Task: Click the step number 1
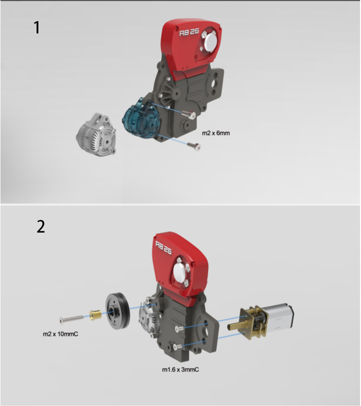pyautogui.click(x=37, y=28)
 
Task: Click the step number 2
pyautogui.click(x=41, y=227)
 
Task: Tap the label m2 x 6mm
pyautogui.click(x=216, y=133)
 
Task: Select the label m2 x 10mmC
pyautogui.click(x=60, y=334)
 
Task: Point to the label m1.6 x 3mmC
pyautogui.click(x=180, y=370)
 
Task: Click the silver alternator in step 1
pyautogui.click(x=96, y=135)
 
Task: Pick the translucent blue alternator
pyautogui.click(x=140, y=119)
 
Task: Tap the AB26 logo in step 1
pyautogui.click(x=189, y=32)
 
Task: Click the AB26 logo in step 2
pyautogui.click(x=163, y=247)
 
